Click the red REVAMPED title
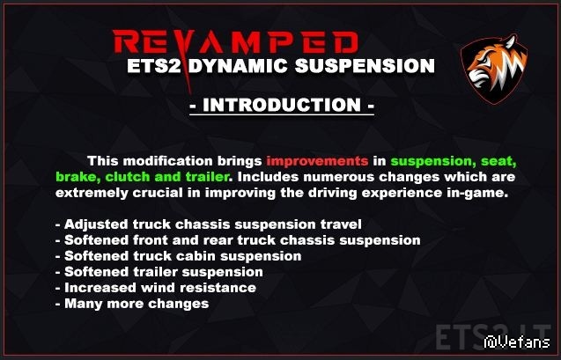pyautogui.click(x=235, y=42)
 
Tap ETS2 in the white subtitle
pyautogui.click(x=154, y=66)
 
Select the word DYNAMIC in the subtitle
pyautogui.click(x=238, y=66)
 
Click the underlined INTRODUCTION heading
pyautogui.click(x=282, y=105)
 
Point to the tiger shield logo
pyautogui.click(x=494, y=69)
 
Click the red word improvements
pyautogui.click(x=317, y=161)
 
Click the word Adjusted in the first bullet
pyautogui.click(x=96, y=224)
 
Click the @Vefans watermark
pyautogui.click(x=517, y=342)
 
